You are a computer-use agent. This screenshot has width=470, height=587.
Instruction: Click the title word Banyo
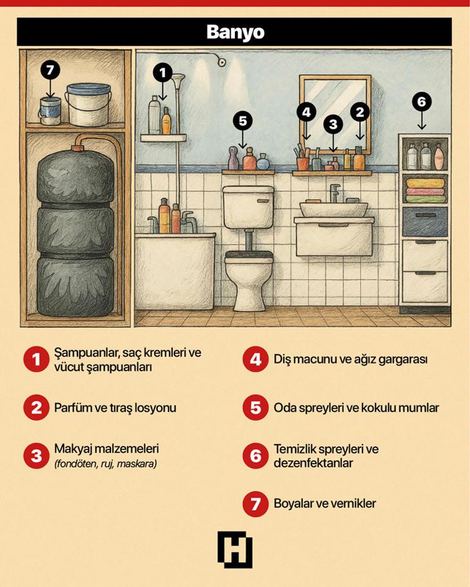click(236, 32)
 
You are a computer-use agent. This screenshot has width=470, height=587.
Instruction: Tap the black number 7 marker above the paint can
click(51, 70)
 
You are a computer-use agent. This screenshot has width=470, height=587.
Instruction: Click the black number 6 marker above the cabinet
click(422, 101)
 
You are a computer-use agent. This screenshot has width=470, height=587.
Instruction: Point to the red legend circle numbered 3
click(36, 456)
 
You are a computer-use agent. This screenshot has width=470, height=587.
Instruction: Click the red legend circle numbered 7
click(256, 503)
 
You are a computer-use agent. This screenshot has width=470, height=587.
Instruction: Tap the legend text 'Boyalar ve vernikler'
click(325, 503)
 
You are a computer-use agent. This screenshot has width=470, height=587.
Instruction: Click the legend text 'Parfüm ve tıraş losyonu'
click(115, 407)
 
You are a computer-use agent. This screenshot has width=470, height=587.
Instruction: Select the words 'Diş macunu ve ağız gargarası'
click(350, 359)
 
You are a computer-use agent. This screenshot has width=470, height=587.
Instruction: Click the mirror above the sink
click(335, 114)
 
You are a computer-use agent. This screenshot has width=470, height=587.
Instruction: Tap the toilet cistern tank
click(248, 207)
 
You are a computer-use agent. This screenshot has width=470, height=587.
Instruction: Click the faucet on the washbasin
click(334, 193)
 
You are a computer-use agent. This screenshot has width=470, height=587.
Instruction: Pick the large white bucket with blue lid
click(89, 104)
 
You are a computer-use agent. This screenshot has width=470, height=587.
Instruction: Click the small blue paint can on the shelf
click(50, 111)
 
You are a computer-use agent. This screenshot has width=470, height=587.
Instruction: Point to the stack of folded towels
click(425, 191)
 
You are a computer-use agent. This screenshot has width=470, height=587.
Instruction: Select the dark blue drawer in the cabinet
click(425, 222)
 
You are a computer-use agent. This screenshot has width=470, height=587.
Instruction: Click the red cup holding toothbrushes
click(303, 164)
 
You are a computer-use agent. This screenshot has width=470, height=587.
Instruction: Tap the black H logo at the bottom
click(235, 550)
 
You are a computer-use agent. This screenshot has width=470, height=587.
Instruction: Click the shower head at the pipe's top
click(178, 79)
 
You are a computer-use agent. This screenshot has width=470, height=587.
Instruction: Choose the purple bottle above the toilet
click(234, 158)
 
